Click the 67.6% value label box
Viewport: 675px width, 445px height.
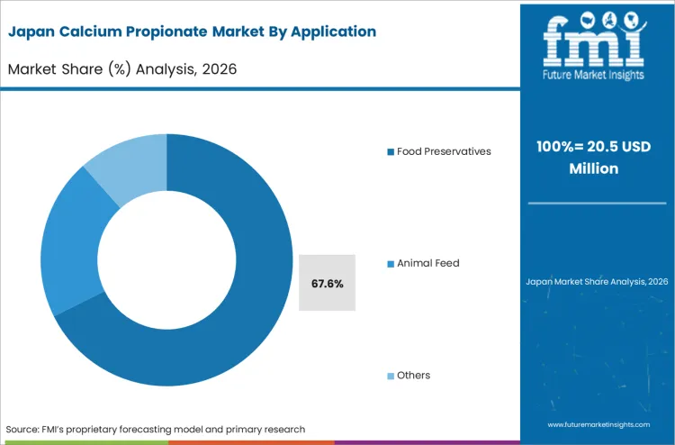pos(327,283)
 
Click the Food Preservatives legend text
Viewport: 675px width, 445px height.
pos(444,151)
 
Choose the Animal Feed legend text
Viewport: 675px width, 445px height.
pos(427,263)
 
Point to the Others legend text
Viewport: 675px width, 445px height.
pos(413,375)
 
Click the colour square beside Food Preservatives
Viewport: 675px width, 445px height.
pos(391,152)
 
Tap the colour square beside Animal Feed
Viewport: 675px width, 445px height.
pos(391,264)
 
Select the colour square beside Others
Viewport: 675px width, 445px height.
pos(391,376)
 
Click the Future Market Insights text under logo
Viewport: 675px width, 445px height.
pos(597,76)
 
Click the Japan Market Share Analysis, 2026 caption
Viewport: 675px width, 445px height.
pos(597,282)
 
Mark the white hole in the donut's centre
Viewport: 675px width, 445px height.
pos(166,261)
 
